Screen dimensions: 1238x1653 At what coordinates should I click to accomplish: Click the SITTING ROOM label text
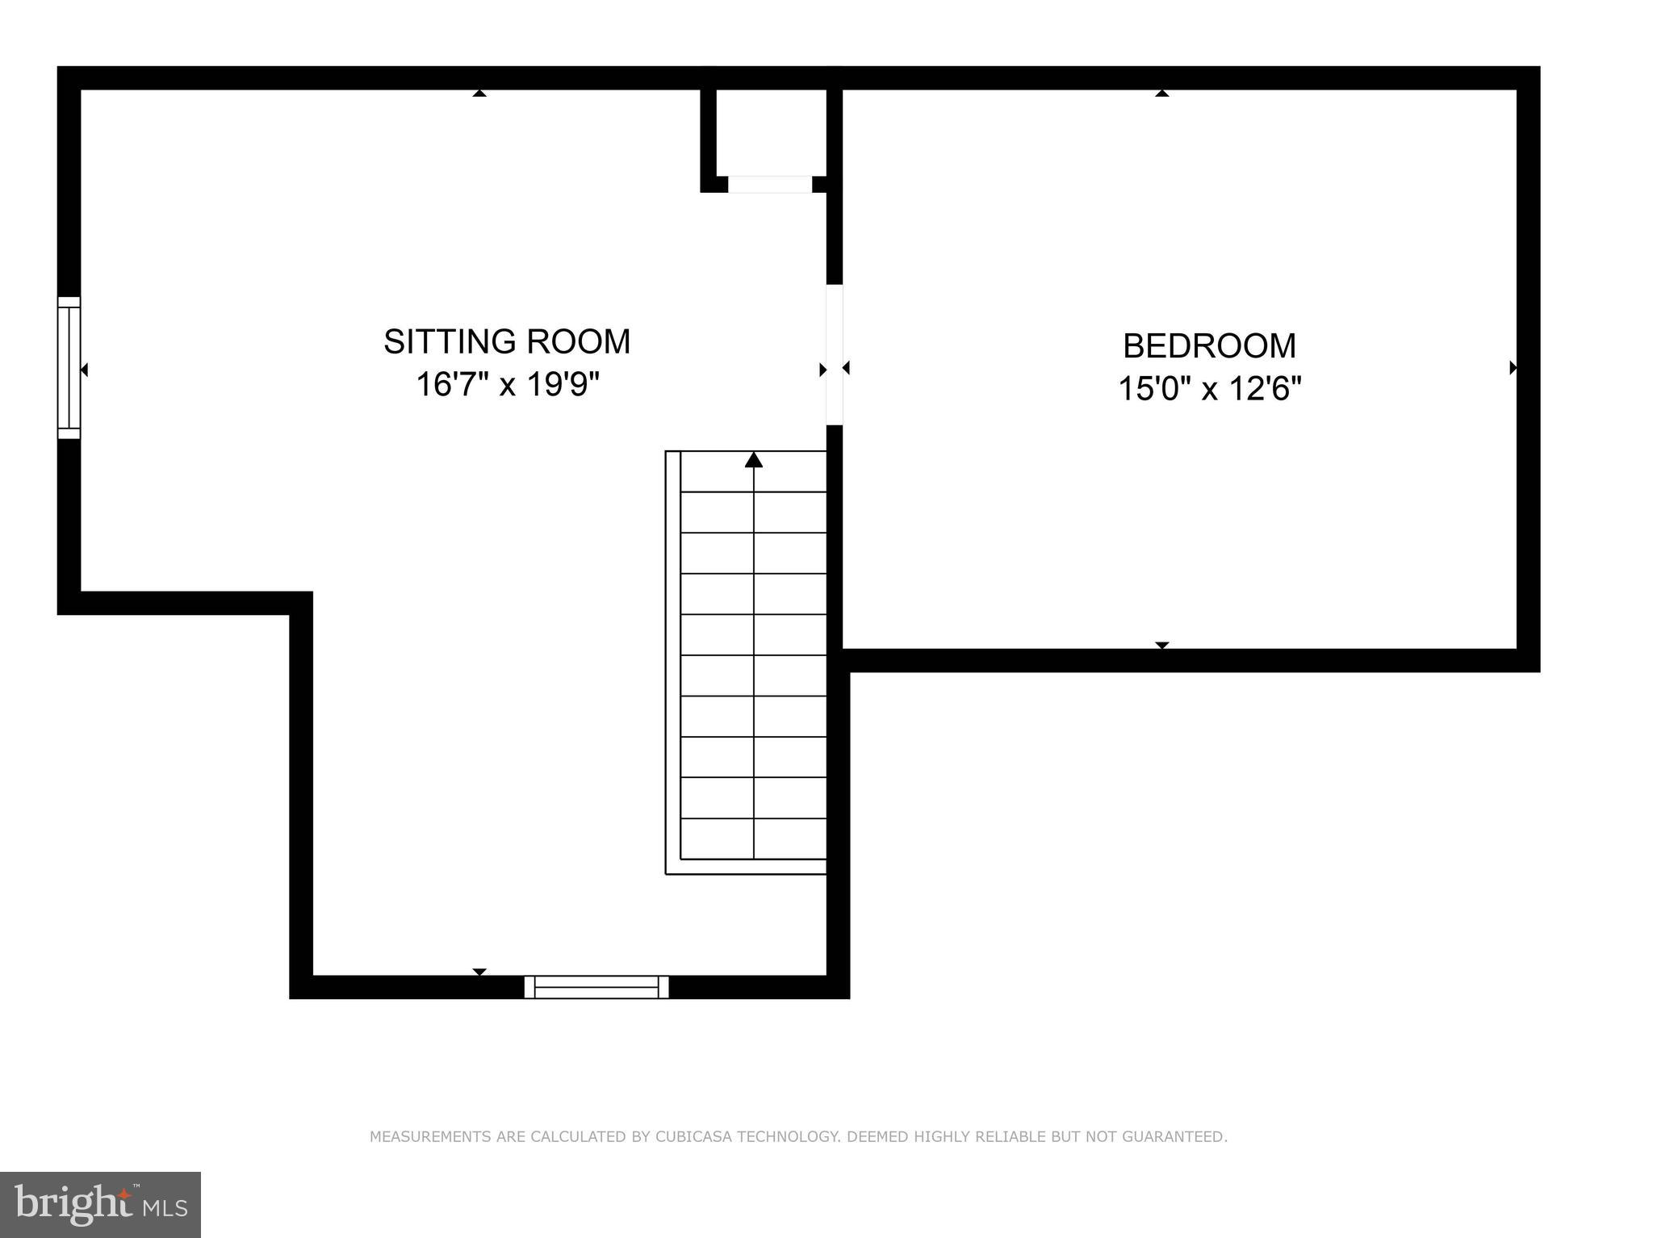(x=507, y=341)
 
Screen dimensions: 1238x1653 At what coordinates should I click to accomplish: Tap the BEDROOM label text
(x=1209, y=346)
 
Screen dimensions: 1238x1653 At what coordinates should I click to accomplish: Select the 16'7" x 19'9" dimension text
(x=508, y=385)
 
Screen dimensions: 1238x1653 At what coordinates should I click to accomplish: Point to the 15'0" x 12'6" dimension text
(x=1209, y=390)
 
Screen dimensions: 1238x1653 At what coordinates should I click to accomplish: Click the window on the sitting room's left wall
(x=69, y=368)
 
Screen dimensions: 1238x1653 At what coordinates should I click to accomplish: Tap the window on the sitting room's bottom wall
(x=596, y=986)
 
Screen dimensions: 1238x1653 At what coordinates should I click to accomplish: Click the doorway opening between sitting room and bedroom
(x=835, y=355)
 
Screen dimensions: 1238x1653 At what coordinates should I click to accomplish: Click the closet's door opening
(x=770, y=185)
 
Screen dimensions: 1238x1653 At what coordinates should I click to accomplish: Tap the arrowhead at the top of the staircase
(x=754, y=460)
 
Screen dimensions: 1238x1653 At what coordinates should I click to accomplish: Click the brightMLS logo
(x=100, y=1204)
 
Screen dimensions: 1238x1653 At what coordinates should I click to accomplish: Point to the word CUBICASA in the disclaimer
(x=694, y=1137)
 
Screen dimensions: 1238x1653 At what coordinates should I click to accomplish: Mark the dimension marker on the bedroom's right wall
(x=1513, y=368)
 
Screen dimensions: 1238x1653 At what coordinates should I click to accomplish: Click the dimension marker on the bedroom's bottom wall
(x=1161, y=645)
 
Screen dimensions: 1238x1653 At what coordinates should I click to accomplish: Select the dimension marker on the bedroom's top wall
(x=1161, y=94)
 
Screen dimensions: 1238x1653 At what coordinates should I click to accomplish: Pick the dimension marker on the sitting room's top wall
(x=479, y=94)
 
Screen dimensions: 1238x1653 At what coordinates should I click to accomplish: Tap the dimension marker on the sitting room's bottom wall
(x=479, y=972)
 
